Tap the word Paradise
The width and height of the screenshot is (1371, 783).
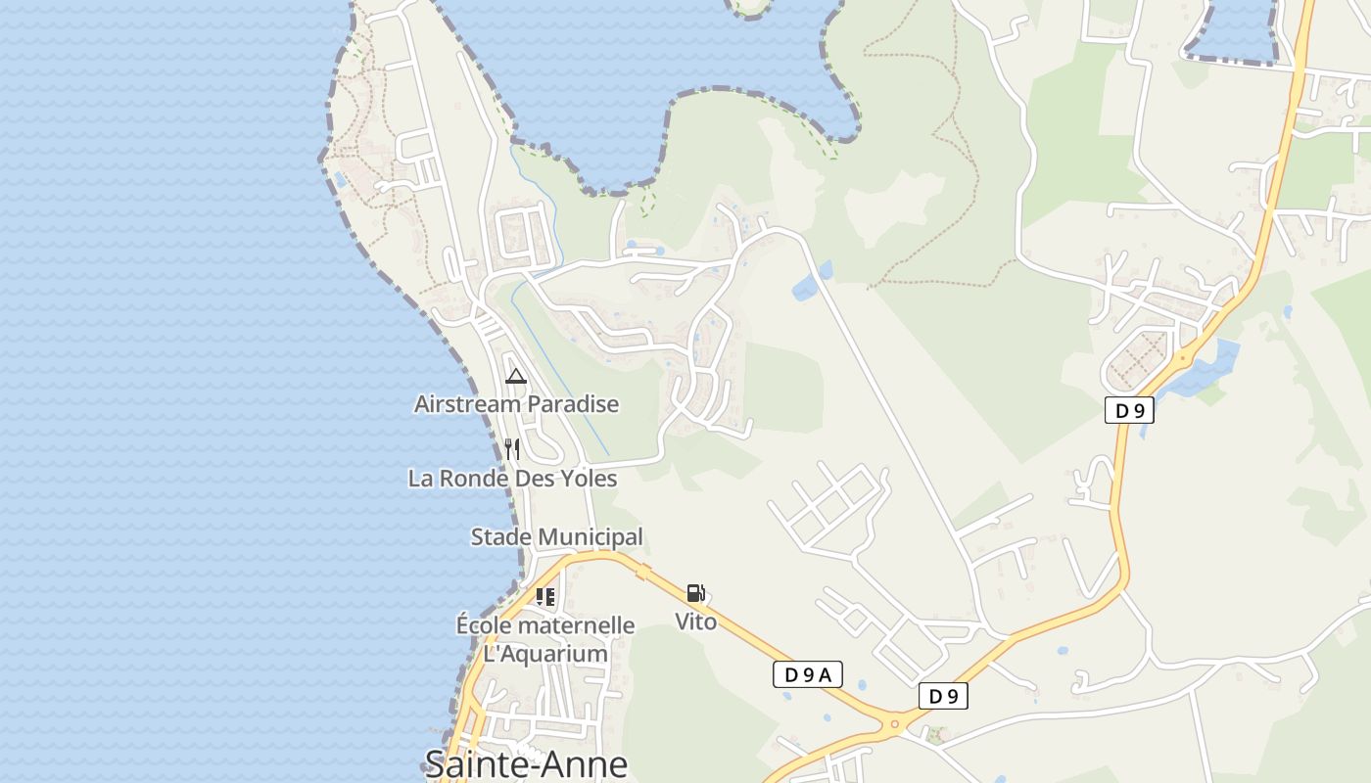pos(573,404)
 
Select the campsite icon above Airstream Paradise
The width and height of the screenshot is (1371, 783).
pos(516,376)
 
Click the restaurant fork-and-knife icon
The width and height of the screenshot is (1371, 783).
pos(512,449)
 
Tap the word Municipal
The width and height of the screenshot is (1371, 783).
pos(591,537)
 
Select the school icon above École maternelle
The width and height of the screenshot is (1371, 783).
pos(545,596)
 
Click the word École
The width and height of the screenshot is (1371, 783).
pos(484,625)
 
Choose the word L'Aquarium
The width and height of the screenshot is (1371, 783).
pos(545,654)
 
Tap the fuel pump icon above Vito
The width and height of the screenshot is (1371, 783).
pos(695,593)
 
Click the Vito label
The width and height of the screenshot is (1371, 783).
pos(695,622)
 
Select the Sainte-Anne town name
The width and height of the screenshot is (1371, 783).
pos(526,763)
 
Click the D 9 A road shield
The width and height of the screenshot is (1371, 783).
pos(808,674)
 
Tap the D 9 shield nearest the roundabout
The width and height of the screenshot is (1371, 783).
pos(943,696)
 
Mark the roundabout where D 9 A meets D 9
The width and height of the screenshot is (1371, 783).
pos(893,725)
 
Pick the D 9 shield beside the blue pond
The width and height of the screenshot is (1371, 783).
pos(1129,411)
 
